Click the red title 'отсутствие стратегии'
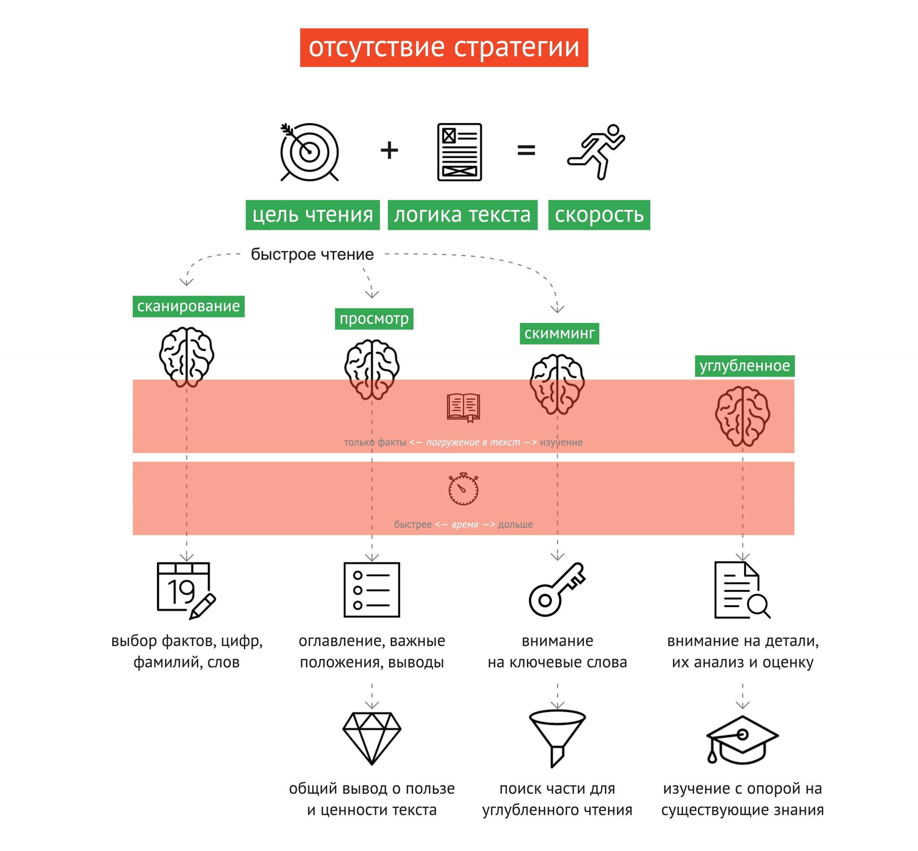[444, 47]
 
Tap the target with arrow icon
[309, 152]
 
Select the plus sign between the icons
[389, 151]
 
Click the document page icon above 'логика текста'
[459, 152]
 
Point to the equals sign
[526, 150]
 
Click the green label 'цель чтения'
[312, 215]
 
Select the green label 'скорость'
[599, 215]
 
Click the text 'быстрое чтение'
[312, 254]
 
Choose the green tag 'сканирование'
[188, 306]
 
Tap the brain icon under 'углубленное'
[743, 416]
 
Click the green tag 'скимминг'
[559, 333]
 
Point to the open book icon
[463, 408]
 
